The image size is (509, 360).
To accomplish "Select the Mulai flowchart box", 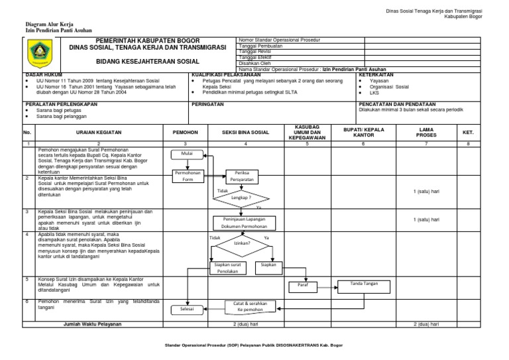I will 186,155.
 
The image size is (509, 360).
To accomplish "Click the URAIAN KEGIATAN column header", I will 98,133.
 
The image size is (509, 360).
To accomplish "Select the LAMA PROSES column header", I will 426,133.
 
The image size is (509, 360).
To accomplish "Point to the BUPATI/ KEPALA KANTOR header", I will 363,133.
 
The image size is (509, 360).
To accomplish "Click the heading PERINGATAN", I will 208,105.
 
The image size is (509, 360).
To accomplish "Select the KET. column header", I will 468,133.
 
